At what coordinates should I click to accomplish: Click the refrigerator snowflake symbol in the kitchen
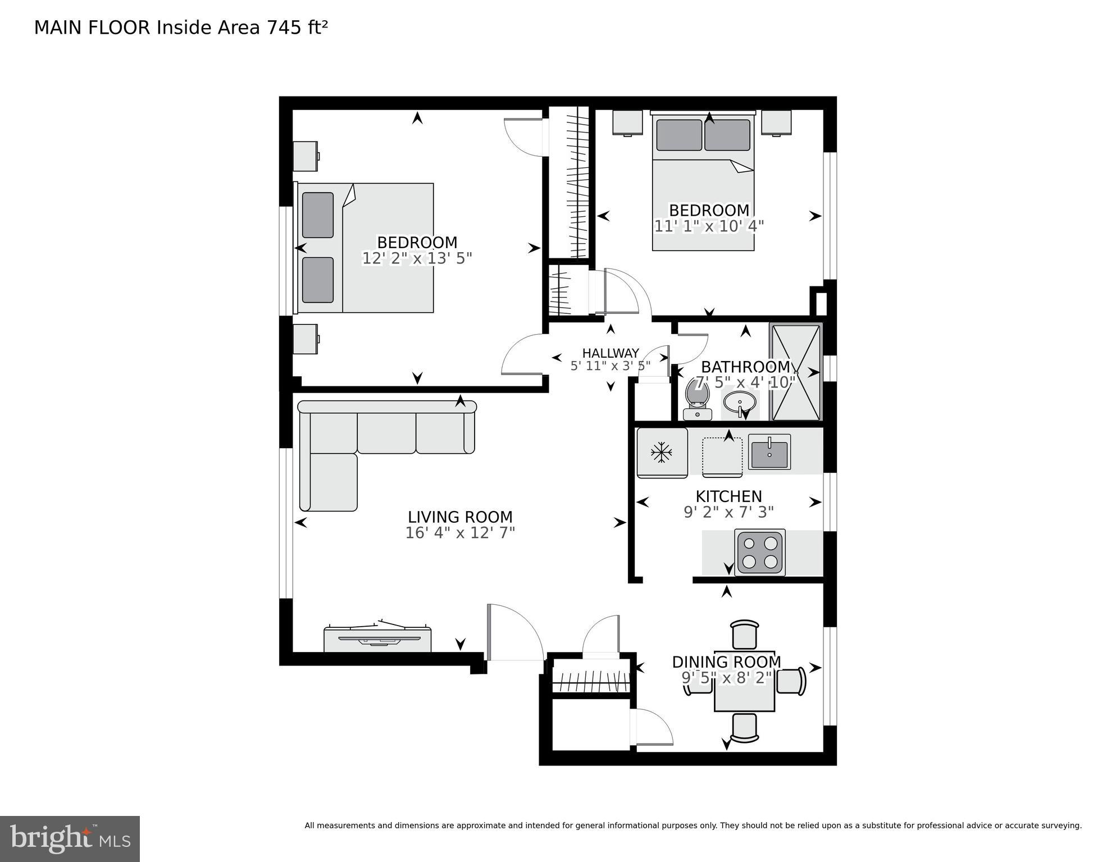click(662, 453)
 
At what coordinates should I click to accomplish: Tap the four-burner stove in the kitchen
click(760, 552)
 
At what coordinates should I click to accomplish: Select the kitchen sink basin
click(769, 454)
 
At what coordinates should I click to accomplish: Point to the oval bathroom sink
click(739, 403)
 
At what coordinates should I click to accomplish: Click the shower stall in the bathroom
click(796, 372)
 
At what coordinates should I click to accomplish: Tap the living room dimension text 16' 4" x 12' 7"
click(460, 533)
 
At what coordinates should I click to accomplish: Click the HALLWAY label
click(611, 353)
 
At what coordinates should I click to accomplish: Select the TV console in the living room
click(377, 639)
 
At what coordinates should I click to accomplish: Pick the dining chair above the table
click(745, 635)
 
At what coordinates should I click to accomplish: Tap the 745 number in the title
click(284, 28)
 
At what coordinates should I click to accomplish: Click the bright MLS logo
click(70, 839)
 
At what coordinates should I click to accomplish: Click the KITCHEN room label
click(728, 496)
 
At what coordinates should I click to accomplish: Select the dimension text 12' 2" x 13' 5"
click(417, 258)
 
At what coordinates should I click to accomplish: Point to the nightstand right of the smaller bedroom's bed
click(776, 122)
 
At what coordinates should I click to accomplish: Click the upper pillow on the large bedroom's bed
click(318, 215)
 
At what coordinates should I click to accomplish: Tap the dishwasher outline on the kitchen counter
click(722, 457)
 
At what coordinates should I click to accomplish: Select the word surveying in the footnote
click(1059, 825)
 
